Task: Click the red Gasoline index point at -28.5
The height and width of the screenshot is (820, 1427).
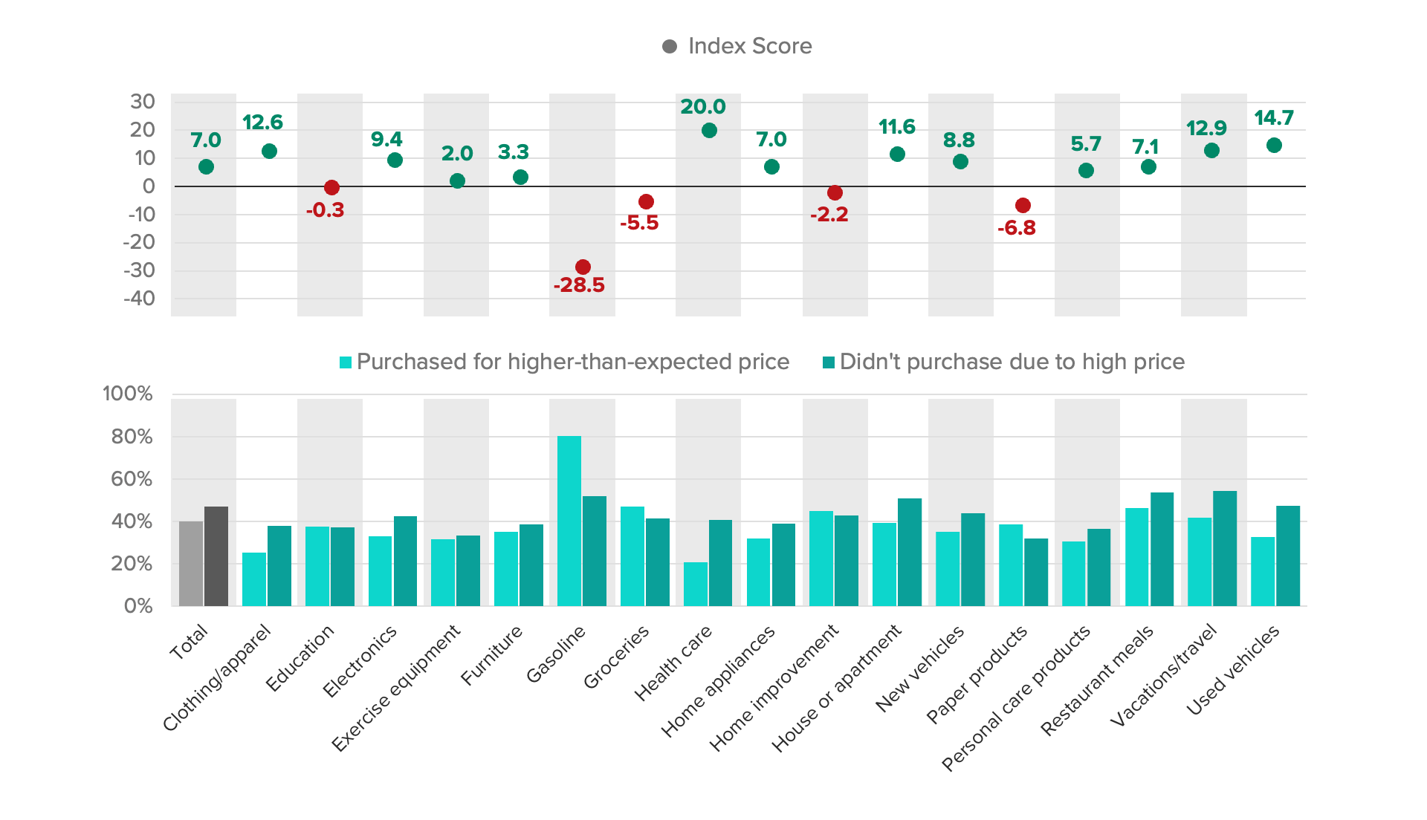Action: [x=583, y=267]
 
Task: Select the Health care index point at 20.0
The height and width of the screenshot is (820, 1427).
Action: [x=709, y=131]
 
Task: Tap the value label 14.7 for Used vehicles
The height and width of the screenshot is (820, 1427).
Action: [x=1274, y=118]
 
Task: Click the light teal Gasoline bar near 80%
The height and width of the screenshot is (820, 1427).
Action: [x=569, y=521]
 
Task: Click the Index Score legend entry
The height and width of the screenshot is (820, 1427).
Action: [x=737, y=46]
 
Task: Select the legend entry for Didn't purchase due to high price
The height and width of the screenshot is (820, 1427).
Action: [x=1003, y=362]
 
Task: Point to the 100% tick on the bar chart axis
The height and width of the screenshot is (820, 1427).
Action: [x=128, y=394]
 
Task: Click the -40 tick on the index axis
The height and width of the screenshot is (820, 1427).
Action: [x=141, y=299]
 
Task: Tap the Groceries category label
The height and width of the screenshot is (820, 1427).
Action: [x=617, y=657]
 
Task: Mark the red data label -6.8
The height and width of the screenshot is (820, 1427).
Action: [x=1016, y=228]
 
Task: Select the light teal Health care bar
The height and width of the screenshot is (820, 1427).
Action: [x=696, y=584]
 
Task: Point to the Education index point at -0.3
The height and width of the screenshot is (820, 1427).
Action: [x=331, y=188]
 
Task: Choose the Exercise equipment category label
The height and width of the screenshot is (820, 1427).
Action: [x=396, y=688]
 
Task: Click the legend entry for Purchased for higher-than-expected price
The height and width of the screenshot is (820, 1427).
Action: [x=565, y=362]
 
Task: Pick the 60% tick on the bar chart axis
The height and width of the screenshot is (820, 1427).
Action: [x=132, y=479]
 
